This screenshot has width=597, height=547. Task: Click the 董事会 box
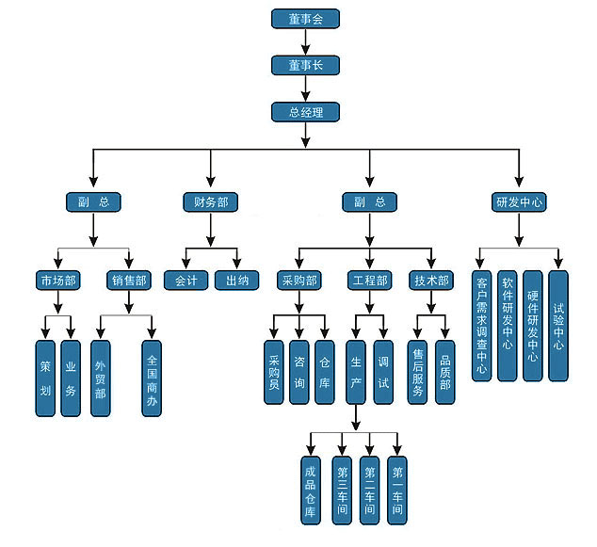(x=303, y=18)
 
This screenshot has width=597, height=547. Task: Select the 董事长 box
(x=303, y=65)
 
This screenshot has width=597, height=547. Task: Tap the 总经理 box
(x=303, y=113)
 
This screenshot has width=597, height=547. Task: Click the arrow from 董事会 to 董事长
(x=303, y=41)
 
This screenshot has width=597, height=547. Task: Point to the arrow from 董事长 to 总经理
(x=303, y=89)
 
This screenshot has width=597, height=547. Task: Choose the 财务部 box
(x=210, y=201)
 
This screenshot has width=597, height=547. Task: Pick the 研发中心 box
(x=520, y=201)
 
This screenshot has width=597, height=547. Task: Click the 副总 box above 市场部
(x=93, y=201)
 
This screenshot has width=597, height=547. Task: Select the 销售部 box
(x=130, y=281)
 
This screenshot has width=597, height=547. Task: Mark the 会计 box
(x=185, y=281)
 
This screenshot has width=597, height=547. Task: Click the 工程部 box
(x=369, y=281)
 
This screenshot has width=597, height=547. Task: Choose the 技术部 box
(x=431, y=281)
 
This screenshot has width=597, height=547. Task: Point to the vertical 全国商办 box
(x=153, y=378)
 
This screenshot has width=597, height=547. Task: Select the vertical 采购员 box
(x=274, y=371)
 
